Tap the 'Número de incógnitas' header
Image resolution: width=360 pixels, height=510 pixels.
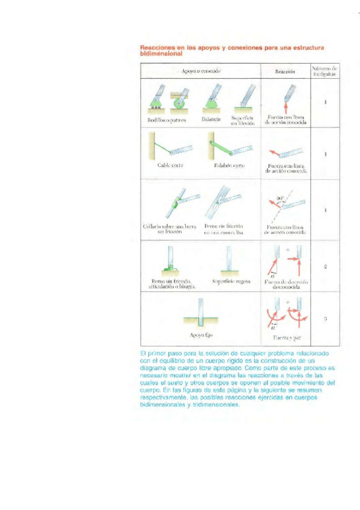324,71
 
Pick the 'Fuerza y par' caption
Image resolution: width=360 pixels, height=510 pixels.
285,338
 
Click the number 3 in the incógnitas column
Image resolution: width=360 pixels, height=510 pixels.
325,319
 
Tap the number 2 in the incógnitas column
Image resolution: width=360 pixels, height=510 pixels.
325,265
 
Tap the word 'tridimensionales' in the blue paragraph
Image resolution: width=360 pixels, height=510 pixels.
200,405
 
